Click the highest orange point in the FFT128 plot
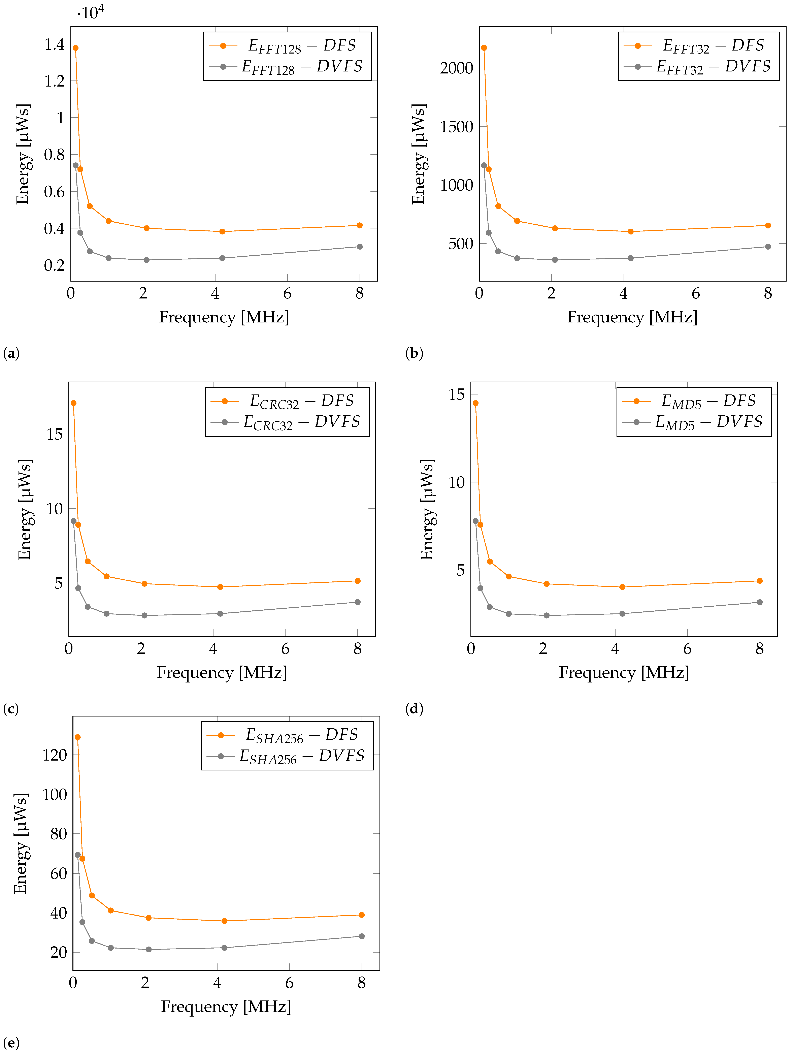point(75,48)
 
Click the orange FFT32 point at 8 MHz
point(768,225)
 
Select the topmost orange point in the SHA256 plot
point(78,737)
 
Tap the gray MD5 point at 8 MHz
point(760,602)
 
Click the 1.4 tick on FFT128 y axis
point(54,44)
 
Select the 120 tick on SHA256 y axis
point(55,755)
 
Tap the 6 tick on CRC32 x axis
point(285,649)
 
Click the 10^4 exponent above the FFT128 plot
point(92,12)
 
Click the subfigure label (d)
point(414,709)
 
